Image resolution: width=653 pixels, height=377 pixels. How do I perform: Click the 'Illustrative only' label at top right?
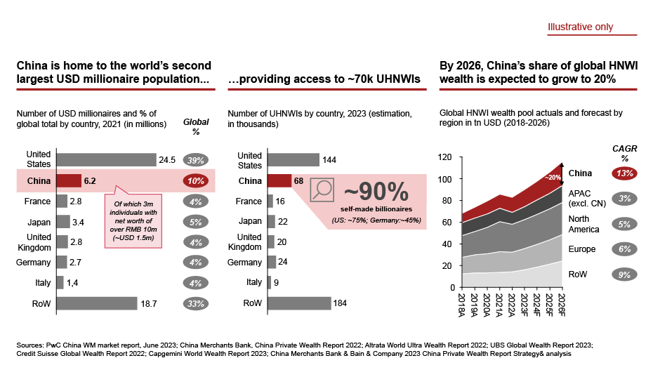pos(580,27)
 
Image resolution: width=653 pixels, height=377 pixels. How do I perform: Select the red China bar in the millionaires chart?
pos(69,180)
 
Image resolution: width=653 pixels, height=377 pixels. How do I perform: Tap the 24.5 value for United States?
pos(167,159)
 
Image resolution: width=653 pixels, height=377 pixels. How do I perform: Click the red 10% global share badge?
pos(196,180)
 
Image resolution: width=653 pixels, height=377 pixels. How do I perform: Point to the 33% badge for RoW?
pos(196,303)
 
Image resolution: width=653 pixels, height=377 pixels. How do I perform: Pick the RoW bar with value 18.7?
pos(97,303)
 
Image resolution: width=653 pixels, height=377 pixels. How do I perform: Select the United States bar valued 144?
pos(293,159)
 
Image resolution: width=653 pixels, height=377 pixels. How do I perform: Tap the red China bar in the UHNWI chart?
pos(279,180)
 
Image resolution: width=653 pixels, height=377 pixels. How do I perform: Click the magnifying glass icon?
pos(322,190)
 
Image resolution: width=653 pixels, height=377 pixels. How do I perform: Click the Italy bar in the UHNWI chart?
pos(270,282)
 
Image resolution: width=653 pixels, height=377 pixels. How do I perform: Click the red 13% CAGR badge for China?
pos(623,173)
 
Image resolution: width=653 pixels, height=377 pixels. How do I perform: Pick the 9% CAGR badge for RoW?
pos(623,275)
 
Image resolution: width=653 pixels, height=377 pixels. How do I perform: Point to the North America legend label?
pos(583,224)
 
